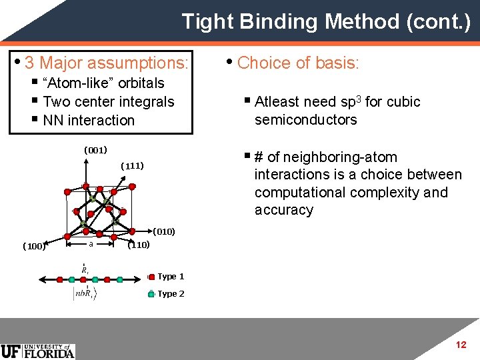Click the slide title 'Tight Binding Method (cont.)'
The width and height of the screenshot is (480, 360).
tap(326, 21)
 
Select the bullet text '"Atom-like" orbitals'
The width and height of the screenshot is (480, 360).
tap(103, 83)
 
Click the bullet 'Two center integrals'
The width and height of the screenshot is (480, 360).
tap(108, 102)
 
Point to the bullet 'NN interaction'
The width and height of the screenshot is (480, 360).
tap(89, 121)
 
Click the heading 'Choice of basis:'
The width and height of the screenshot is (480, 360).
tap(298, 63)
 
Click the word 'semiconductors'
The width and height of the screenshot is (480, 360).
tap(305, 120)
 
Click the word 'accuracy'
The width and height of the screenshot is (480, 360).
tap(283, 211)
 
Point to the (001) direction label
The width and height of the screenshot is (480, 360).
tap(95, 149)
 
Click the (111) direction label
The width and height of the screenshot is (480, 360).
tap(132, 166)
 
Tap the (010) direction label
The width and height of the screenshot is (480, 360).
tap(164, 232)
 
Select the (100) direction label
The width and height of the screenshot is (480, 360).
tap(33, 246)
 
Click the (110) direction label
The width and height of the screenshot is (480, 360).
tap(138, 245)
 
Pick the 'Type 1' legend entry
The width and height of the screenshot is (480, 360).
tap(170, 277)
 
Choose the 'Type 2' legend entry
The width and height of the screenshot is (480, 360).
tap(170, 294)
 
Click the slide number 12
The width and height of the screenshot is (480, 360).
tap(461, 345)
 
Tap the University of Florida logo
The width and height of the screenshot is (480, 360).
tap(38, 351)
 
